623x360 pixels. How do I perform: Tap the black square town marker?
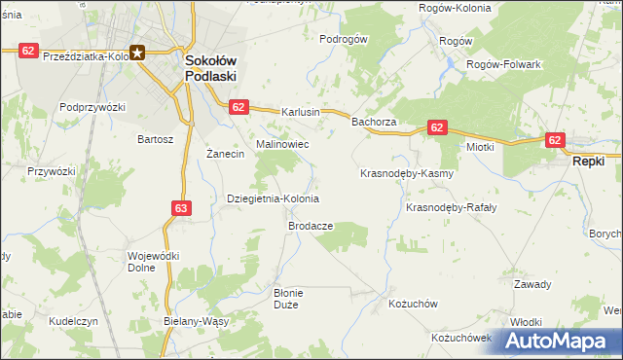(137, 54)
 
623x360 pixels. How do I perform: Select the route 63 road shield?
(182, 207)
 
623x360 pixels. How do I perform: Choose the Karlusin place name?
(301, 112)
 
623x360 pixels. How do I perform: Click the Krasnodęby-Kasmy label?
(407, 173)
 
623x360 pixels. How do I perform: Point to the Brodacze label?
(311, 225)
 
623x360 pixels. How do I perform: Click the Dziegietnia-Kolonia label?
(273, 198)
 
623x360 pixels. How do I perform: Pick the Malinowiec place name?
(282, 144)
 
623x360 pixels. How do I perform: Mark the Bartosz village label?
(156, 139)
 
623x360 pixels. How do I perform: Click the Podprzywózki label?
(93, 107)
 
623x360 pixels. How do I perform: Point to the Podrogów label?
(343, 39)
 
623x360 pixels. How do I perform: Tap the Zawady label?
(532, 284)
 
